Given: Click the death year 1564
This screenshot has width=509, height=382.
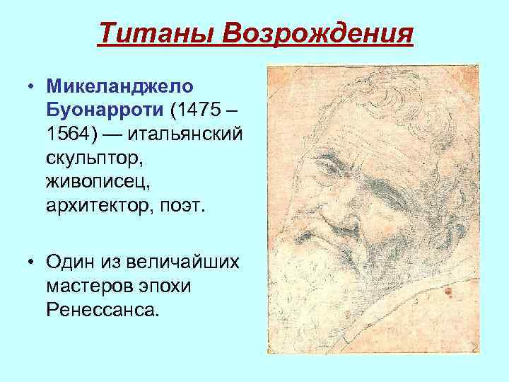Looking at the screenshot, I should (70, 134).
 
